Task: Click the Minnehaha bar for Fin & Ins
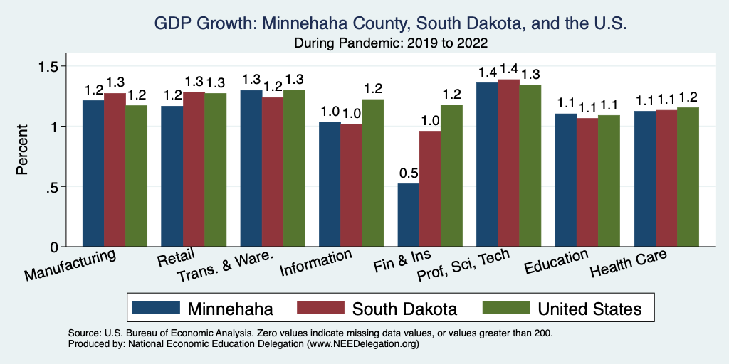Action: (409, 215)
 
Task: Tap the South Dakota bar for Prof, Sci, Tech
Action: (508, 163)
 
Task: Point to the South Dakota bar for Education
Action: (587, 182)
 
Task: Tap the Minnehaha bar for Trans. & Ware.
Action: (251, 168)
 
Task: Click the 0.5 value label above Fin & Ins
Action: (408, 173)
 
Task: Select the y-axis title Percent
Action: (23, 151)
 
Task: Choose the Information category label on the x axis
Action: (315, 264)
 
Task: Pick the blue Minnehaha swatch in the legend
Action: (154, 307)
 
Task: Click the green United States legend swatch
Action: (505, 307)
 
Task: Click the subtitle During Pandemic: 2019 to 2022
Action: (391, 43)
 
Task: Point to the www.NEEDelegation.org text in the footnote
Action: (362, 344)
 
